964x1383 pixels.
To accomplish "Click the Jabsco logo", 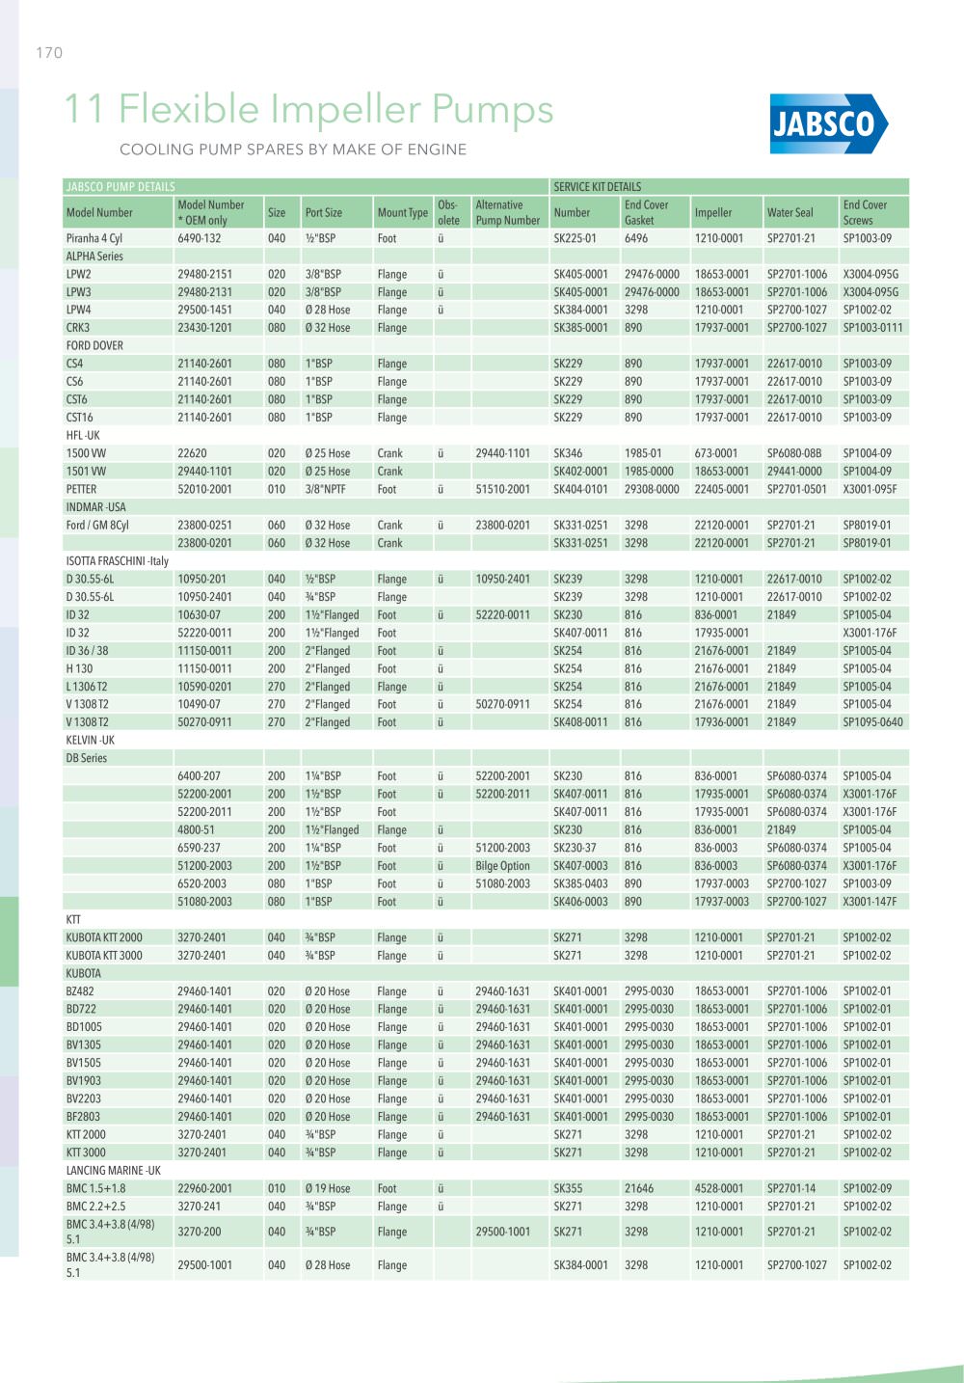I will pyautogui.click(x=828, y=123).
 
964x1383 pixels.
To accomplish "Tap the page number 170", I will pyautogui.click(x=49, y=53).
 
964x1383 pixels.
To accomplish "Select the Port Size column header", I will pyautogui.click(x=324, y=213).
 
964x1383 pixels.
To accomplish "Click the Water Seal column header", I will pyautogui.click(x=790, y=213).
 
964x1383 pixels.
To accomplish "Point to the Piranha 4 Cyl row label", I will pyautogui.click(x=94, y=238).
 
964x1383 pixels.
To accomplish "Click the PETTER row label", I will pyautogui.click(x=81, y=489).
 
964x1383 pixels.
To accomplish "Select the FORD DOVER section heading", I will pyautogui.click(x=94, y=345).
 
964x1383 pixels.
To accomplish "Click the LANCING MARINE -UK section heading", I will pyautogui.click(x=113, y=1171).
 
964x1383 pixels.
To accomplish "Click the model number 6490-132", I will pyautogui.click(x=199, y=238).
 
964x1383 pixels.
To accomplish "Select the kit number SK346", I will pyautogui.click(x=568, y=453).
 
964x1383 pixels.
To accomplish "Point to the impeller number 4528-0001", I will pyautogui.click(x=719, y=1189).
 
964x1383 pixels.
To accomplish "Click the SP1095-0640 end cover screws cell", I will pyautogui.click(x=872, y=722).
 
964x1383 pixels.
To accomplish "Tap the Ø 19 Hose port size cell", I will pyautogui.click(x=328, y=1189).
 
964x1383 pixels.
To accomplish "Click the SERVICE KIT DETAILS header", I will pyautogui.click(x=598, y=187).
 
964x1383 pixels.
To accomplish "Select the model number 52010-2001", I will pyautogui.click(x=204, y=489).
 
